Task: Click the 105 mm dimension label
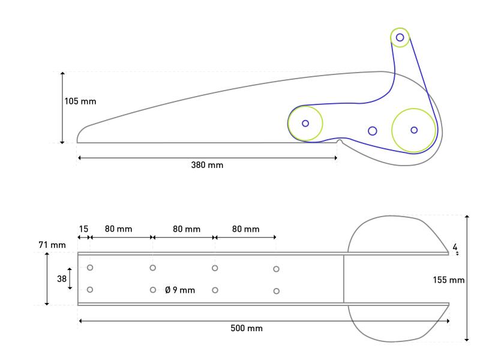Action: [x=80, y=101]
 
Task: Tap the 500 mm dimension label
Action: [x=247, y=328]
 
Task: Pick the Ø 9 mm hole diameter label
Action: [x=181, y=290]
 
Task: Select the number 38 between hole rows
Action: [x=61, y=278]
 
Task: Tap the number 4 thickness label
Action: [x=455, y=247]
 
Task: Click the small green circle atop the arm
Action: [x=400, y=38]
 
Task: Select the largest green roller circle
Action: [x=413, y=130]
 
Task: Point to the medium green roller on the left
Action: [x=305, y=123]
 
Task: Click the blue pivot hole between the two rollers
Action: [x=372, y=131]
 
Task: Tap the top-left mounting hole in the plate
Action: [x=90, y=268]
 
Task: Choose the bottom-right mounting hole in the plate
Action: [x=276, y=291]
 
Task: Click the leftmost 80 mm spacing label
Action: [x=118, y=229]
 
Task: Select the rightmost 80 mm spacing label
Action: [x=245, y=229]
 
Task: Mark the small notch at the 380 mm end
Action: [x=340, y=143]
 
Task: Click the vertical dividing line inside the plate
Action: [x=344, y=278]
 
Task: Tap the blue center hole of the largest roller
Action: [x=413, y=130]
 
